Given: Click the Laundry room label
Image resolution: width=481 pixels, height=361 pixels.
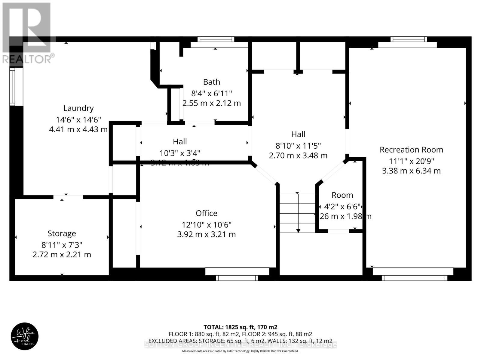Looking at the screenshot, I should (78, 108).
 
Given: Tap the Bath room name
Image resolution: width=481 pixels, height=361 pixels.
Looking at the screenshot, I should (212, 82).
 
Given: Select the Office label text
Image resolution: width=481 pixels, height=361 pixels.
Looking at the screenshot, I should (207, 213).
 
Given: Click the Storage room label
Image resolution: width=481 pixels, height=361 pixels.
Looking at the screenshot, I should (62, 233).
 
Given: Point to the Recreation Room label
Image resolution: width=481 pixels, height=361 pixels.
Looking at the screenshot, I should (411, 150).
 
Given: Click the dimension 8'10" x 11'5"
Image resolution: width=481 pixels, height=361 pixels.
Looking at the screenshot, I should (298, 146).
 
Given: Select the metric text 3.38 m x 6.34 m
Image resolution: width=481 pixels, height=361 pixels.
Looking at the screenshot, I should (411, 171).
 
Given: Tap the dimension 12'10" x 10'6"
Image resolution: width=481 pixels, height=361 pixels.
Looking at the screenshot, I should (207, 225).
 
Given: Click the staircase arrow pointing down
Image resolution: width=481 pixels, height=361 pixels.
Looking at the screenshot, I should (298, 214).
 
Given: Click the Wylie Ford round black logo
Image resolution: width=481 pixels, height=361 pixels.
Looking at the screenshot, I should (25, 336).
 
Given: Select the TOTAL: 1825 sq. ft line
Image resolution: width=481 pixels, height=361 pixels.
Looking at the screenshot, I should (240, 327).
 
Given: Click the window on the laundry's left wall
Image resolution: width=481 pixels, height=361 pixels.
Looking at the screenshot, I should (12, 87).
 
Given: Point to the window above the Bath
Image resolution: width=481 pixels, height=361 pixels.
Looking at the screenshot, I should (216, 39).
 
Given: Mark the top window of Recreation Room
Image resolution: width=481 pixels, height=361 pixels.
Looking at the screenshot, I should (409, 39).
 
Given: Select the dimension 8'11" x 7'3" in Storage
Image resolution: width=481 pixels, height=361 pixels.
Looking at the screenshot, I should (62, 245).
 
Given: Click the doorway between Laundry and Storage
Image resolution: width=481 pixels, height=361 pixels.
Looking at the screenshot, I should (68, 197).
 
